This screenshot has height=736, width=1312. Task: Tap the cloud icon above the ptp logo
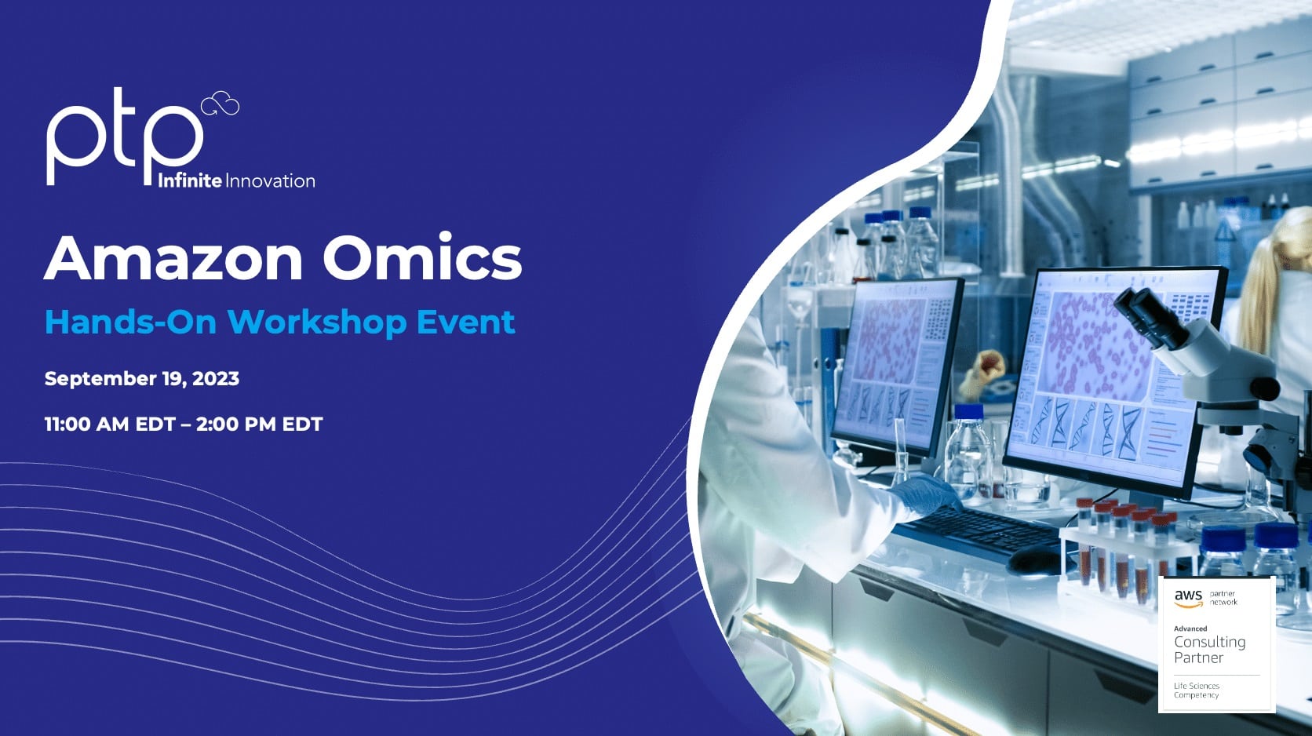pyautogui.click(x=220, y=104)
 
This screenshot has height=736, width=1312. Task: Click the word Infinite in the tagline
pyautogui.click(x=189, y=181)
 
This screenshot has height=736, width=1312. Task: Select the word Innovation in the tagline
pyautogui.click(x=271, y=181)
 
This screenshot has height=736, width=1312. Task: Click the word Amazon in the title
pyautogui.click(x=173, y=258)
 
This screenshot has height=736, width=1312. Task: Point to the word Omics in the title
pyautogui.click(x=422, y=258)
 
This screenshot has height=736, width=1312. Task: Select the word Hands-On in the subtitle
pyautogui.click(x=130, y=322)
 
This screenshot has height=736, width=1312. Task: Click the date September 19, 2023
pyautogui.click(x=142, y=378)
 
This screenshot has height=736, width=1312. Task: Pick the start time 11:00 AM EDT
pyautogui.click(x=109, y=424)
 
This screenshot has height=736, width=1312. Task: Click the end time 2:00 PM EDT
pyautogui.click(x=260, y=424)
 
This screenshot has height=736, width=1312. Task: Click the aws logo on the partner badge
pyautogui.click(x=1188, y=598)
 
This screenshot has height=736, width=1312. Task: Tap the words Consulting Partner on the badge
pyautogui.click(x=1209, y=650)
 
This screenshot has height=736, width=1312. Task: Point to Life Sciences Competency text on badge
pyautogui.click(x=1197, y=690)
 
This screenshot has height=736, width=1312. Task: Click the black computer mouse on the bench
pyautogui.click(x=1035, y=559)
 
